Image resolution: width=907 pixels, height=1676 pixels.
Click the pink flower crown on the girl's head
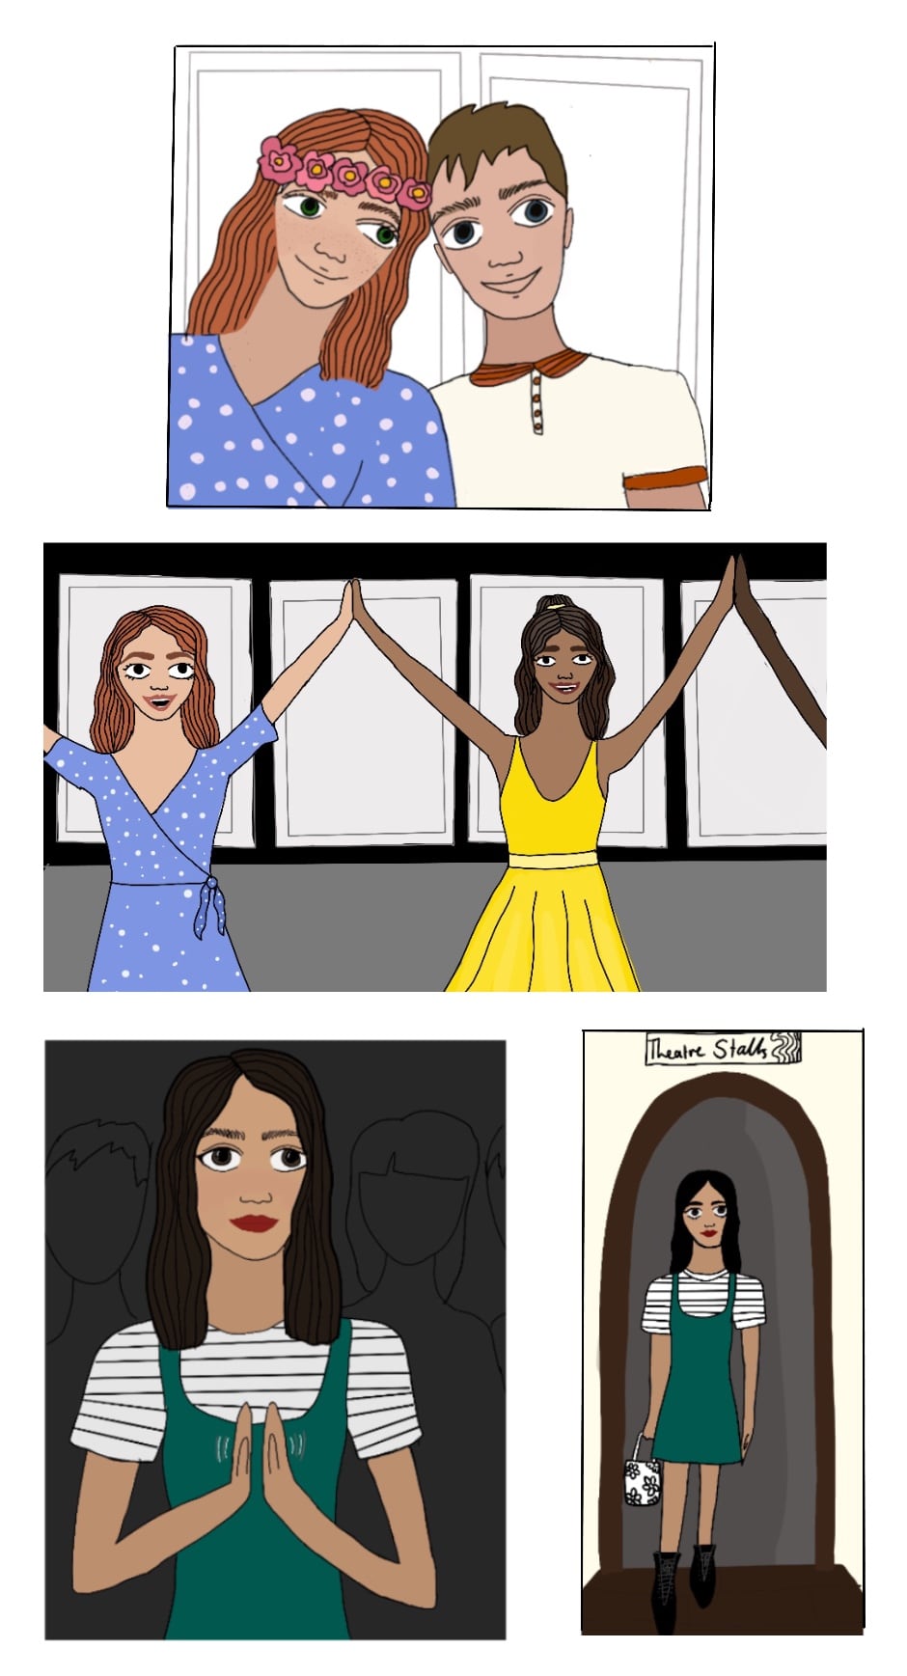click(344, 172)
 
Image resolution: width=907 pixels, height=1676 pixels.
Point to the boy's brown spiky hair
click(497, 145)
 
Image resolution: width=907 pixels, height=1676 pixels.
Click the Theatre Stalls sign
click(723, 1049)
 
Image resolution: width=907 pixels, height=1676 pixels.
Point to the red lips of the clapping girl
click(255, 1223)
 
